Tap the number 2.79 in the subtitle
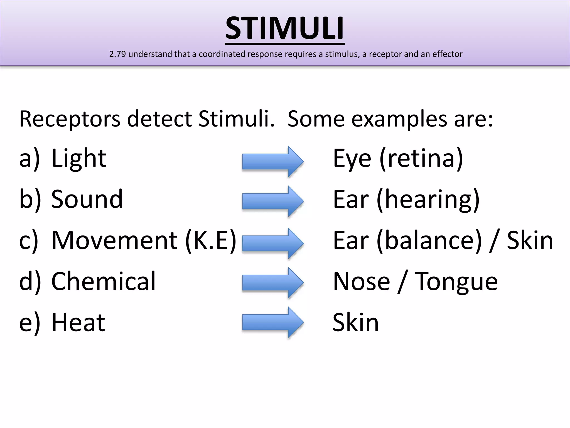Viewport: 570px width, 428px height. coord(117,54)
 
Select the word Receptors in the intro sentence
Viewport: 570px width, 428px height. coord(70,119)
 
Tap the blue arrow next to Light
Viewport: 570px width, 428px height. coord(272,162)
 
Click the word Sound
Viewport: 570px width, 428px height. coord(87,199)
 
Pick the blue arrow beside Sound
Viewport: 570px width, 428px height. coord(272,201)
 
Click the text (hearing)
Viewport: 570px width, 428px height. coord(428,200)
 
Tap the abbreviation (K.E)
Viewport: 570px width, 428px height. coord(211,240)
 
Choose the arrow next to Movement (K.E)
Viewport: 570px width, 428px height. coord(272,244)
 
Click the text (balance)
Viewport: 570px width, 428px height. coord(429,240)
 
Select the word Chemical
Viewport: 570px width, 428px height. coord(103,281)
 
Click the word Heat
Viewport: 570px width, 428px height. coord(78,322)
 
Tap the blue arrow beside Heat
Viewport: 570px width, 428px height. coord(272,322)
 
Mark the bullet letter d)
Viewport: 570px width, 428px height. coord(30,281)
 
